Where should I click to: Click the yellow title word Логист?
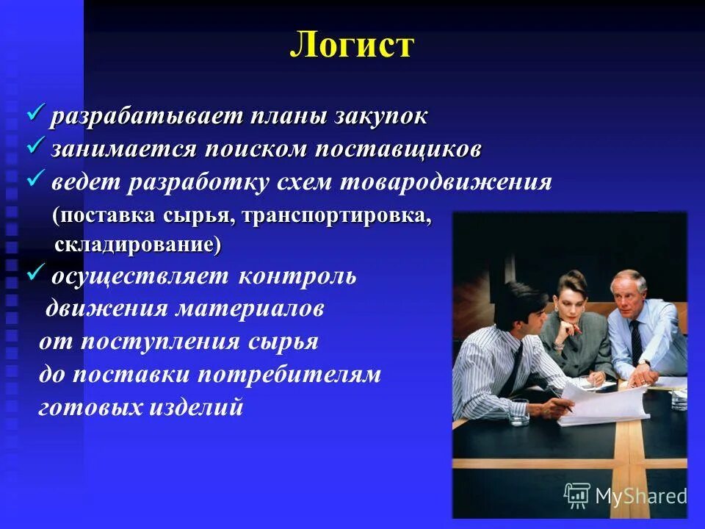[x=352, y=46]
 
